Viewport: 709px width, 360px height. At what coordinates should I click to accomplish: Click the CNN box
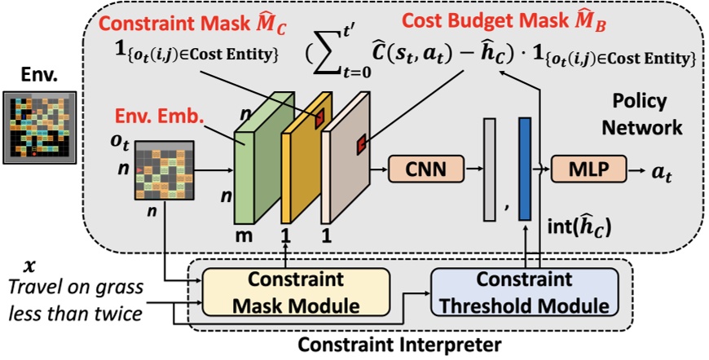(421, 170)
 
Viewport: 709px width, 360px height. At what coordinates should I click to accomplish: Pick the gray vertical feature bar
(489, 169)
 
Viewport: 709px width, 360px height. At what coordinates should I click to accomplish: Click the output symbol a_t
(662, 172)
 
